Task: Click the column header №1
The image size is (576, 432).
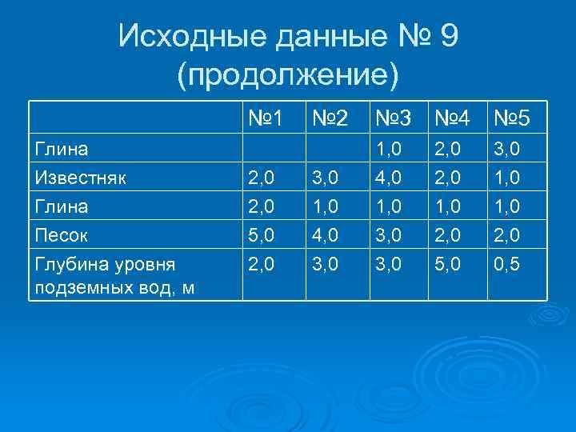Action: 266,120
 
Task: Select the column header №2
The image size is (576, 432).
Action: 328,120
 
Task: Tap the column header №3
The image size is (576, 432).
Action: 392,120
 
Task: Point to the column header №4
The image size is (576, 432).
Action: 453,120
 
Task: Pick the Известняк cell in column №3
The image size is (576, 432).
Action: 387,177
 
